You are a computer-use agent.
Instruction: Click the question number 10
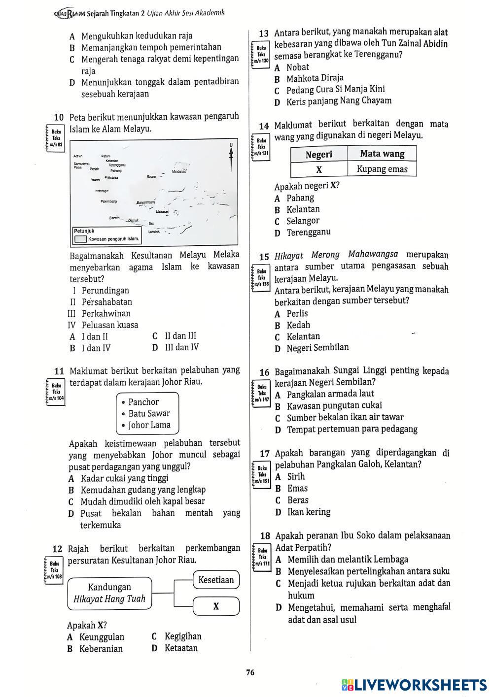click(x=59, y=118)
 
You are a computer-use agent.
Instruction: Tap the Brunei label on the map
click(x=152, y=176)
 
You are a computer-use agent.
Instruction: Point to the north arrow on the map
click(x=231, y=158)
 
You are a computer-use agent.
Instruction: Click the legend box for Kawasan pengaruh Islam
click(x=80, y=239)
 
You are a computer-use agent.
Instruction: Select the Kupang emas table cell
click(x=383, y=169)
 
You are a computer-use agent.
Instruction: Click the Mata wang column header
click(x=382, y=154)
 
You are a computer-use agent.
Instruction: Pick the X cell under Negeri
click(x=319, y=169)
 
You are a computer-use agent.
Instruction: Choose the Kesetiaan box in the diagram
click(x=216, y=580)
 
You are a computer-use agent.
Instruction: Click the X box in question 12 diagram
click(x=216, y=606)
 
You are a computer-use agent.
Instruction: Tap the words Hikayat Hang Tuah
click(x=109, y=599)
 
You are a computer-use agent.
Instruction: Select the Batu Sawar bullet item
click(x=149, y=414)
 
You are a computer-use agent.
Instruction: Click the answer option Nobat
click(x=298, y=67)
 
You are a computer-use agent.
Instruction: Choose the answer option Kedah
click(x=298, y=325)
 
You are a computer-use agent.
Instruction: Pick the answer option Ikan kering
click(x=309, y=512)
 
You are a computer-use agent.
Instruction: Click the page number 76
click(x=250, y=672)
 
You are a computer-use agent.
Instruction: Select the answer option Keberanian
click(x=101, y=649)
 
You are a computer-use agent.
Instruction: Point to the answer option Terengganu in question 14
click(x=309, y=232)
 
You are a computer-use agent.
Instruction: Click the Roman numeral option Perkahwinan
click(x=106, y=314)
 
